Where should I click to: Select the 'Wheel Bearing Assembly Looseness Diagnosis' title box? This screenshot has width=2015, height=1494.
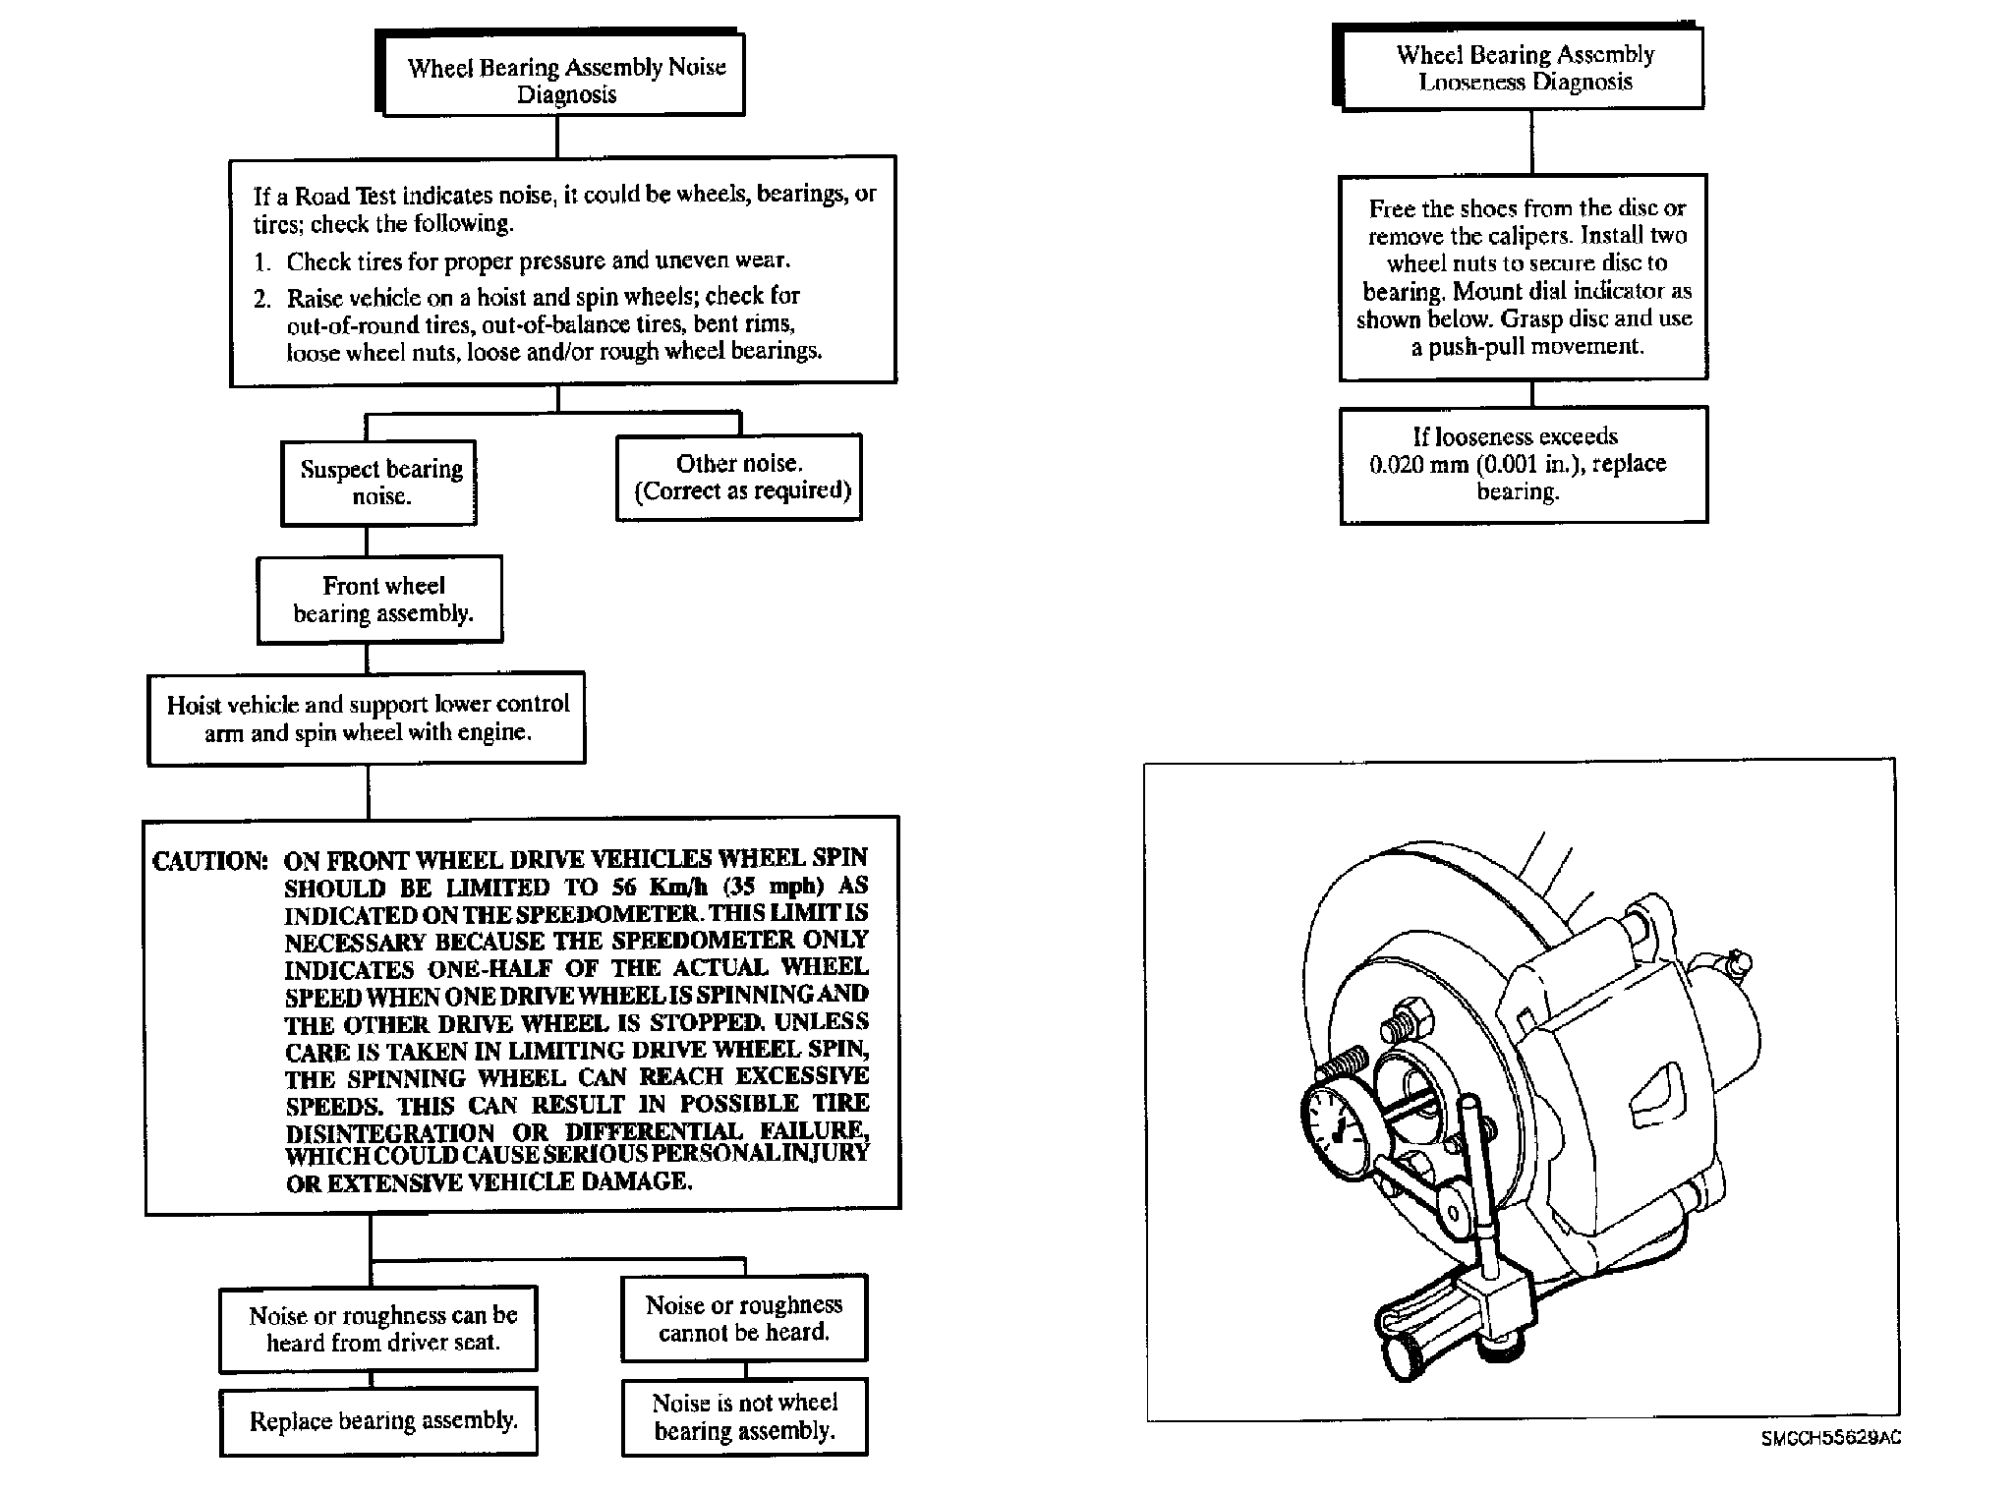click(1523, 68)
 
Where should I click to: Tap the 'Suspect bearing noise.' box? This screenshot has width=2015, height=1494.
click(379, 482)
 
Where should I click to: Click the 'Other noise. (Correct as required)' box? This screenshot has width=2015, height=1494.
click(739, 477)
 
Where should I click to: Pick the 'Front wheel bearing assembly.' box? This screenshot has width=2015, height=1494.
click(380, 600)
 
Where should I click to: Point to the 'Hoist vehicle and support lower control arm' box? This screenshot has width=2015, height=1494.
click(367, 718)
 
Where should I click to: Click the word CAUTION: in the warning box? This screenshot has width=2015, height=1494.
click(209, 862)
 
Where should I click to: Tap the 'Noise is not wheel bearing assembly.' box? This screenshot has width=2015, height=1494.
click(744, 1416)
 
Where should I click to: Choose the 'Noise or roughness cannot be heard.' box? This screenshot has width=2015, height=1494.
click(744, 1318)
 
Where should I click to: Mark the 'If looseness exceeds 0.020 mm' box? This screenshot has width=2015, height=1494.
click(1523, 464)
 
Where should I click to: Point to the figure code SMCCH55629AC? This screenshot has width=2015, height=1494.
click(1830, 1438)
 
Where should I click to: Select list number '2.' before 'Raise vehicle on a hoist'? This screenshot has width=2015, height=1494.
click(262, 298)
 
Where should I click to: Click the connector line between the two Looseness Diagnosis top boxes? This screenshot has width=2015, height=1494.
click(1531, 142)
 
